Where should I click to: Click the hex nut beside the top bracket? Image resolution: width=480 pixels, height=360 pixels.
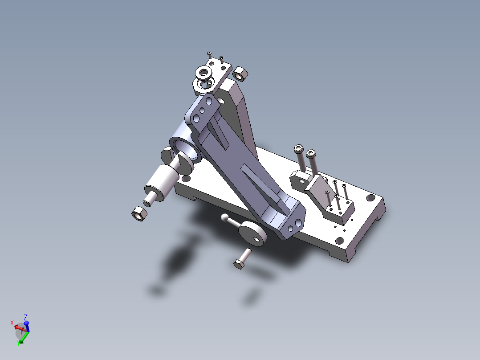(241, 74)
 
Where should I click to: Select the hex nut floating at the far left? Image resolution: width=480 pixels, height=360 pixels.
(139, 214)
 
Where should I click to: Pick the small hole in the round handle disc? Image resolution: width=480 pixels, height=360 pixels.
(257, 239)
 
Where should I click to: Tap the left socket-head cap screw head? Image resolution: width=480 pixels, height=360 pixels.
(299, 148)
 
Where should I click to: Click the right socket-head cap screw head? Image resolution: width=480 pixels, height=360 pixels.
(311, 154)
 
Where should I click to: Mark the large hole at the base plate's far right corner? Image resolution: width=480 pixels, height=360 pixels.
(370, 197)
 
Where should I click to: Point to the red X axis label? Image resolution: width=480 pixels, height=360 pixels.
(12, 322)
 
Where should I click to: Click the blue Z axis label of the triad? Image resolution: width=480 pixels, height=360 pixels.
(26, 317)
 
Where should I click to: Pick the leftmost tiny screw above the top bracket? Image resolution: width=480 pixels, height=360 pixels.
(209, 53)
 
